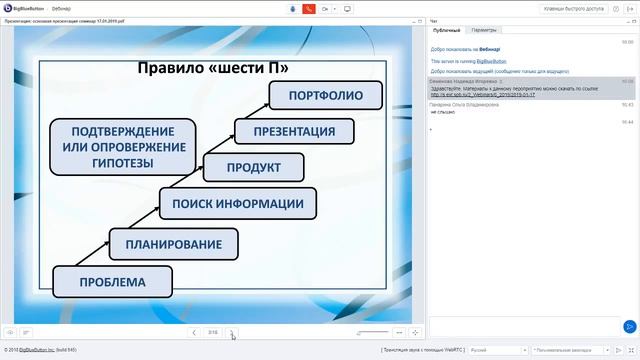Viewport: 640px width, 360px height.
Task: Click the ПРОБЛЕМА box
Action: click(x=112, y=282)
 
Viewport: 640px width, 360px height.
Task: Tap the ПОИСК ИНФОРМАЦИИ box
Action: click(x=237, y=204)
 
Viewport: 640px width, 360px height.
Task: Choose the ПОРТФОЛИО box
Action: click(x=324, y=95)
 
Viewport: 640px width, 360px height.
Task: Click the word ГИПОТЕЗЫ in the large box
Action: click(x=122, y=163)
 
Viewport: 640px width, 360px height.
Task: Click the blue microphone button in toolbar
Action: click(x=293, y=9)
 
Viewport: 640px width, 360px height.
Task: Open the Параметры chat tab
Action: click(x=484, y=31)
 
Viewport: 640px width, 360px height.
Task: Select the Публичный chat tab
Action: click(x=447, y=31)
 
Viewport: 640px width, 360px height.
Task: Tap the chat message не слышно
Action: click(x=442, y=113)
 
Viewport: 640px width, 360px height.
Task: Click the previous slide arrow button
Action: click(x=194, y=331)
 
